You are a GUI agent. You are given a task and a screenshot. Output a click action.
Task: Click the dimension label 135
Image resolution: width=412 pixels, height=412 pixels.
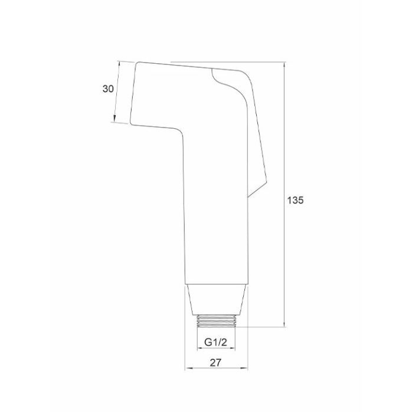pos(295,200)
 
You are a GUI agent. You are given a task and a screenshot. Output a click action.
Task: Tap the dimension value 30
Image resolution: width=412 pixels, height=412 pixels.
pos(108,89)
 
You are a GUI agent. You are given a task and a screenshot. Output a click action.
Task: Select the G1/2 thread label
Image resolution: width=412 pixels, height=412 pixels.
pos(215,342)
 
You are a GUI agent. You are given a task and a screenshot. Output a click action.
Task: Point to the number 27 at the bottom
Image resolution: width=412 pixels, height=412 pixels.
pos(215,362)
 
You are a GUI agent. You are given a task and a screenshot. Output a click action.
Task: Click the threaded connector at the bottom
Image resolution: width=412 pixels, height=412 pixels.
pos(216,321)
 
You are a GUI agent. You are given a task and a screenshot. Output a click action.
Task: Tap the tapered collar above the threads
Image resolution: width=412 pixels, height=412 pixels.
pos(216,300)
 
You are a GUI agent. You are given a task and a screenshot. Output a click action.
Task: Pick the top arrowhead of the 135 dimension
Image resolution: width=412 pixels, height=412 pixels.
pos(285,65)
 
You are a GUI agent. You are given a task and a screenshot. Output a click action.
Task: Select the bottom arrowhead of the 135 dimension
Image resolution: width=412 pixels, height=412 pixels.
pos(285,323)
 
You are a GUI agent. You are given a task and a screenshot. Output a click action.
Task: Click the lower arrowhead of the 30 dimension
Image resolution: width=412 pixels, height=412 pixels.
pos(115,119)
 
